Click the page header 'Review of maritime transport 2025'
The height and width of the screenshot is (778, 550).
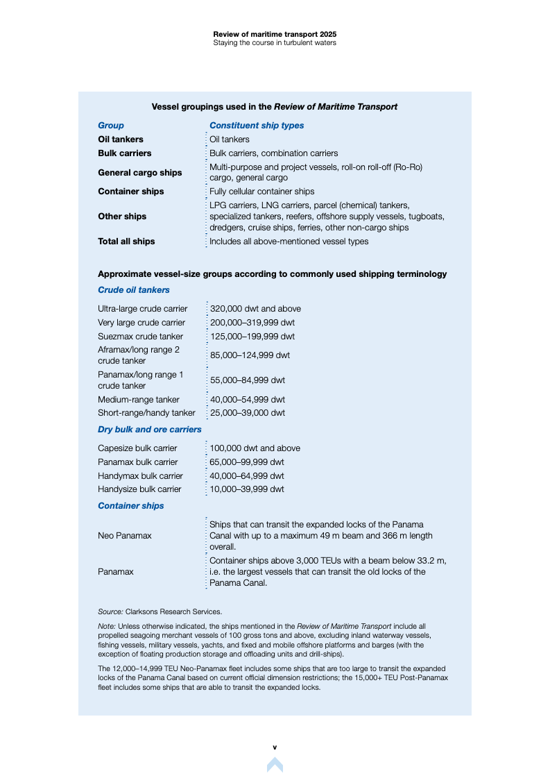(275, 33)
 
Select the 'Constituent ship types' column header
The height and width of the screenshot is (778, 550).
(257, 126)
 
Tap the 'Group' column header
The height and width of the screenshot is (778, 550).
(111, 126)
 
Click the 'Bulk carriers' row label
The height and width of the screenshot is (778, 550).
(124, 153)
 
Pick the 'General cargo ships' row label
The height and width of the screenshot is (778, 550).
(139, 173)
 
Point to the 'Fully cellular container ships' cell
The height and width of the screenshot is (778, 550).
(261, 192)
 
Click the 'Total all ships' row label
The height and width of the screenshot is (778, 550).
(126, 242)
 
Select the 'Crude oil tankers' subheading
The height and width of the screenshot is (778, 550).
(134, 290)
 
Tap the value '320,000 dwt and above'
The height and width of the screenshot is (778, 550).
(255, 309)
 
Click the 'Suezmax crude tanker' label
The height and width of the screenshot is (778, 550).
(140, 337)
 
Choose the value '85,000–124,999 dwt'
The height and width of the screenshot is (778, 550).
(250, 355)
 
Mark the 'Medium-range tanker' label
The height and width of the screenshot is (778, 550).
(139, 400)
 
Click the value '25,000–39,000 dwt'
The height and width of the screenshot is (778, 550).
(247, 413)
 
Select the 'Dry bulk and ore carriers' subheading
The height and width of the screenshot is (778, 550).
(150, 430)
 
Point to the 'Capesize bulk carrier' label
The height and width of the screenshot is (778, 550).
(137, 448)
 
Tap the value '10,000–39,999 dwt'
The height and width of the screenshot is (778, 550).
(247, 489)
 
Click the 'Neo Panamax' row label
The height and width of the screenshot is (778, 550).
(125, 536)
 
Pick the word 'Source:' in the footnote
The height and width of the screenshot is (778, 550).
(110, 611)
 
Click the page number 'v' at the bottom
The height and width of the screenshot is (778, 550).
(275, 747)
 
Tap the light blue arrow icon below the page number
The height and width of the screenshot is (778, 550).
(275, 764)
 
